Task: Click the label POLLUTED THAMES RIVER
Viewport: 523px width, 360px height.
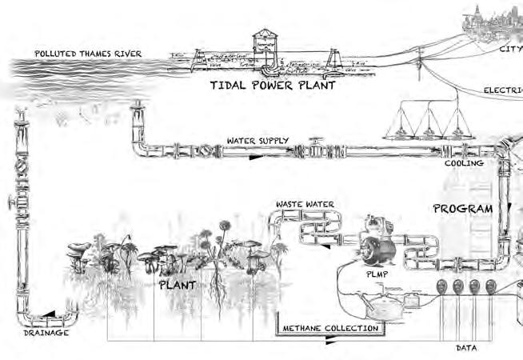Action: (x=88, y=54)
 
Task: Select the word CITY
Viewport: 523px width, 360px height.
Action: (x=510, y=47)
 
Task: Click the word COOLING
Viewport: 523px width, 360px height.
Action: (x=464, y=163)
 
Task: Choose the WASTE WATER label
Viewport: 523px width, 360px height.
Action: (x=305, y=205)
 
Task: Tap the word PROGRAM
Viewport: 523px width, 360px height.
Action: (x=463, y=209)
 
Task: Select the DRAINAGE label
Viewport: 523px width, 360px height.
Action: (x=46, y=332)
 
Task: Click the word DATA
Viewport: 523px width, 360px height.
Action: (x=466, y=348)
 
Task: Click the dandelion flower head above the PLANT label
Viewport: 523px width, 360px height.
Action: (x=226, y=226)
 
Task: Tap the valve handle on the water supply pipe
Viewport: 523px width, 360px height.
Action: (x=314, y=142)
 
